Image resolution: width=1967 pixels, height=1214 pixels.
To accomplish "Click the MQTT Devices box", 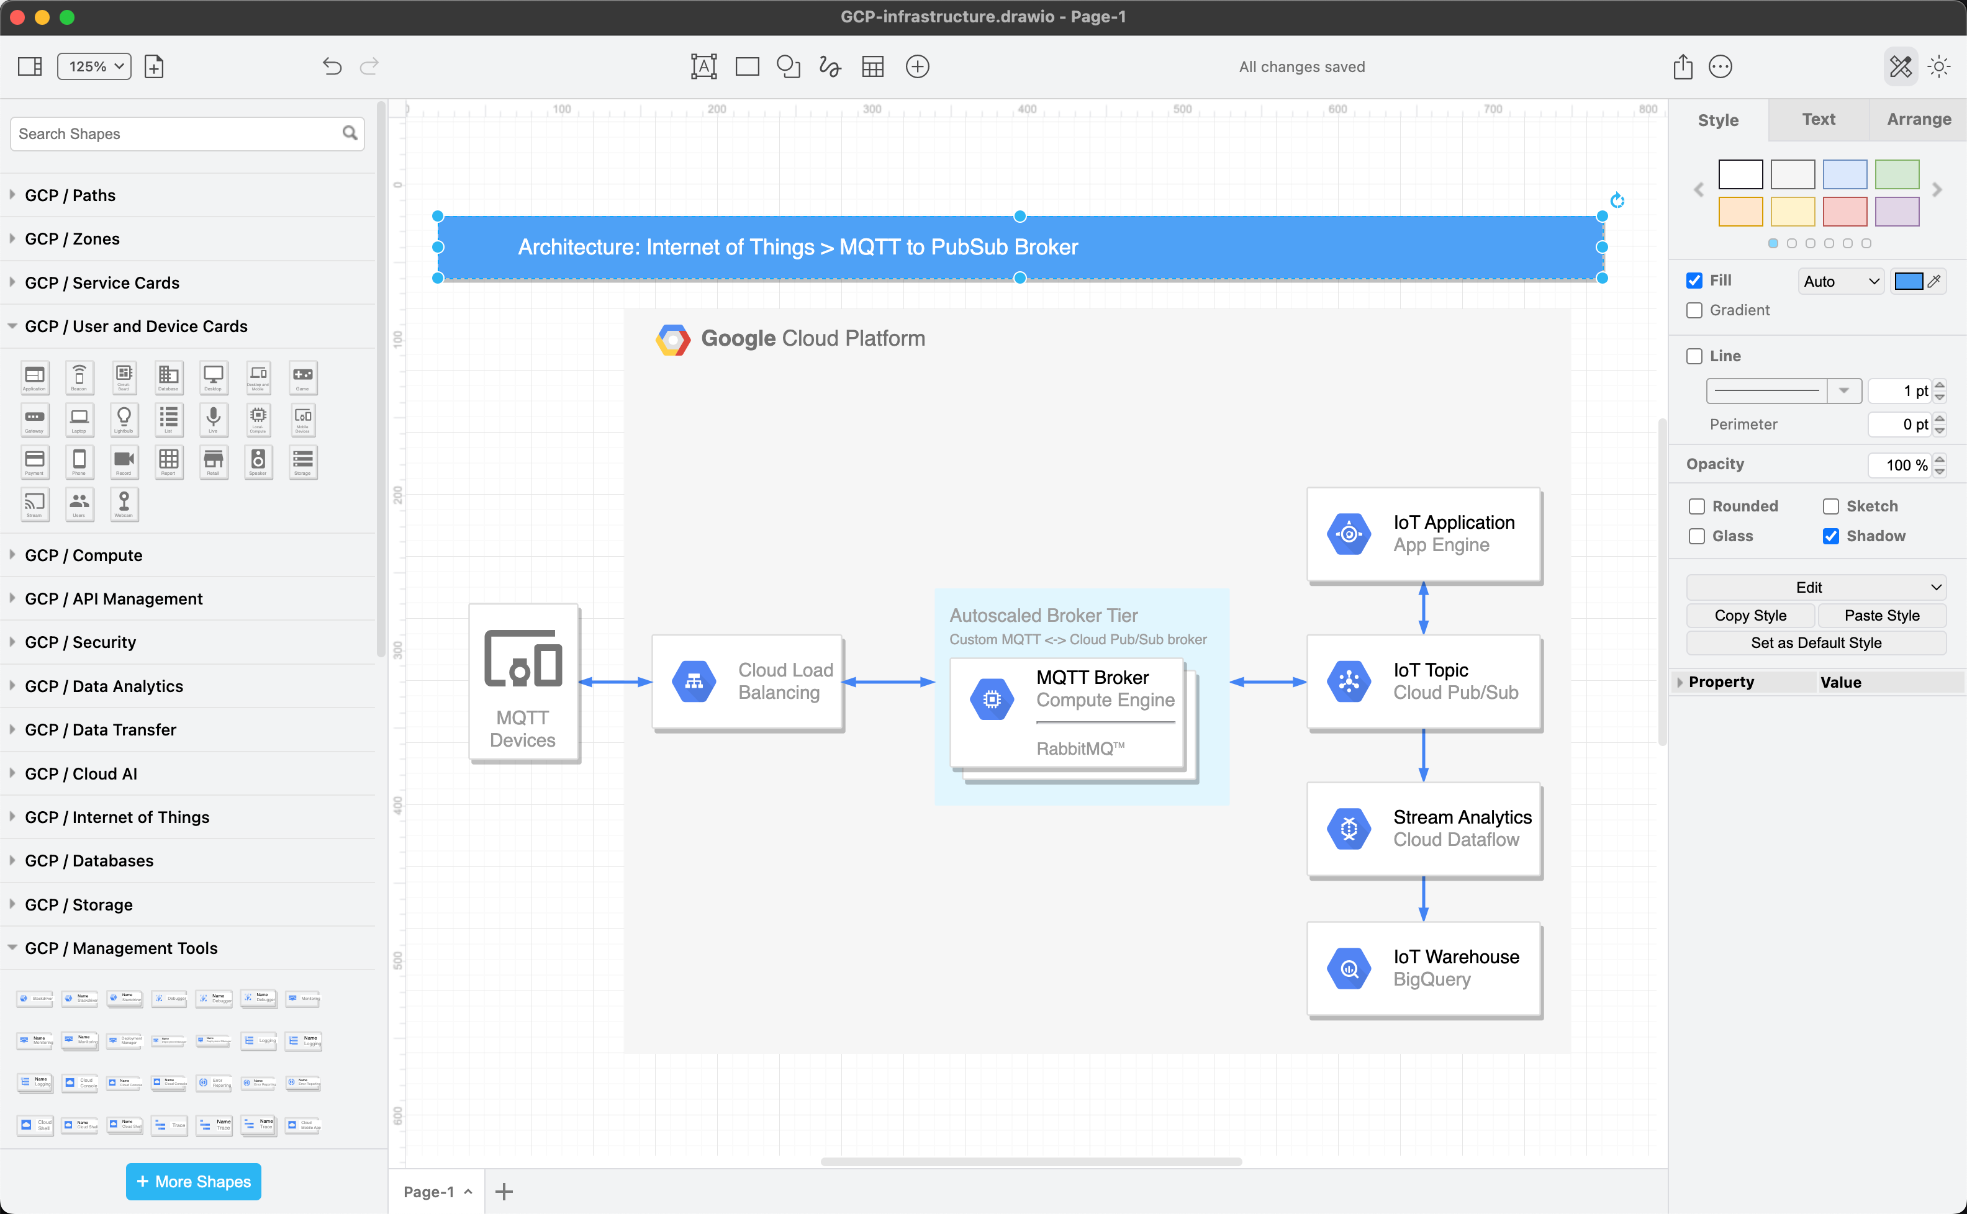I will (x=523, y=683).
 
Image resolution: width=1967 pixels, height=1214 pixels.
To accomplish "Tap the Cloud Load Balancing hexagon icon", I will (x=694, y=681).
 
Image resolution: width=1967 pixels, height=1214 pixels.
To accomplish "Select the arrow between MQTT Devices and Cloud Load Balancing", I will (x=615, y=681).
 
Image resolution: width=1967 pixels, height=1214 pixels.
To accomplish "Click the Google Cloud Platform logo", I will (x=672, y=339).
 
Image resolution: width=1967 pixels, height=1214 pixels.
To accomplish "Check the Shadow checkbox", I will (x=1830, y=536).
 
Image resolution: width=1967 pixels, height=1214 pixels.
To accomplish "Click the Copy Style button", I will (x=1750, y=616).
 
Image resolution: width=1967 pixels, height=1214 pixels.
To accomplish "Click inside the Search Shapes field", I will (x=177, y=134).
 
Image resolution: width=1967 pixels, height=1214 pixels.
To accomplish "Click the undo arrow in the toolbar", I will (x=332, y=66).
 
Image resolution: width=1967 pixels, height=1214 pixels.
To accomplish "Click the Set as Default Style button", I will (x=1816, y=643).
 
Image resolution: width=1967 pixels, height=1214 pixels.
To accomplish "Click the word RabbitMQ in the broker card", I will (x=1075, y=749).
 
